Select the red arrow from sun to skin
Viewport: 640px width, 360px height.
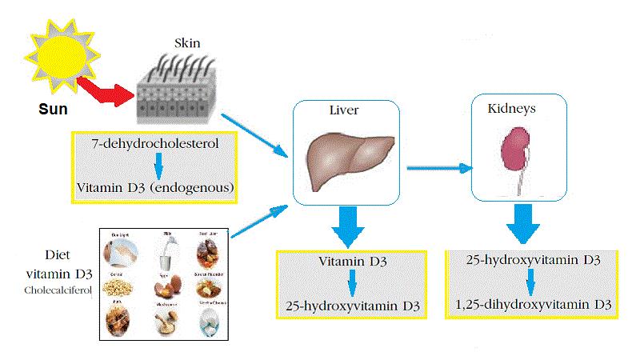pos(108,90)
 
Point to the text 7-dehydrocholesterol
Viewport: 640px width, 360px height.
pos(156,145)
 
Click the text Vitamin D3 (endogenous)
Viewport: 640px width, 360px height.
pos(156,188)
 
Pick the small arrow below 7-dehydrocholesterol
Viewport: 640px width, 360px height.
pos(158,166)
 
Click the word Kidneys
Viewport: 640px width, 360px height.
pos(512,106)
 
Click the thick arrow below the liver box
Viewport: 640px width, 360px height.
pos(346,226)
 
